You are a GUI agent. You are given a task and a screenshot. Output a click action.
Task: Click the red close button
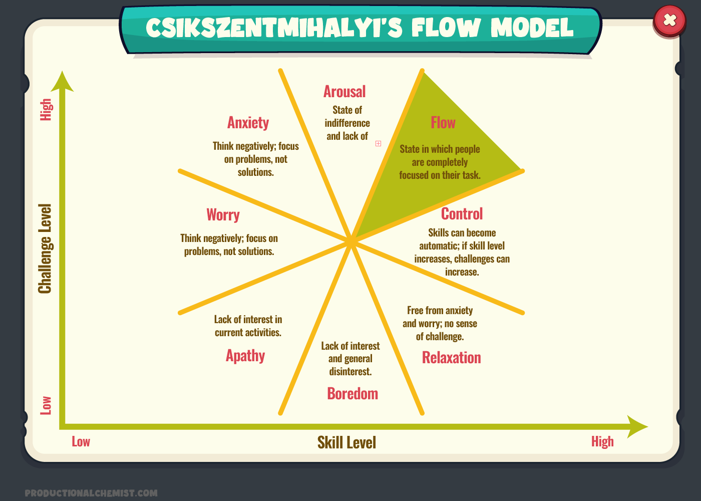tap(669, 21)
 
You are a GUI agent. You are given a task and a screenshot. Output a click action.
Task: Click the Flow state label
tap(443, 123)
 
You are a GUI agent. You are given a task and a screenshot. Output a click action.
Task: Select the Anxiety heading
tap(248, 123)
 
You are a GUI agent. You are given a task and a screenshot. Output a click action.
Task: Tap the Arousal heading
tap(344, 92)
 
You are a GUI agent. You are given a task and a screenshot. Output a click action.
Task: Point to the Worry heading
tap(223, 215)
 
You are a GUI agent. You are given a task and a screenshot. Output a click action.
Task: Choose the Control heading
tap(462, 214)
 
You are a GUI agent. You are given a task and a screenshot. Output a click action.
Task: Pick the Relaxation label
tap(451, 358)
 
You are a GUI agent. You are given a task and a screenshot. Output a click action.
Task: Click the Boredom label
tap(353, 394)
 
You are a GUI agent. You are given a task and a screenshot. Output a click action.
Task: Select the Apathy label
tap(245, 356)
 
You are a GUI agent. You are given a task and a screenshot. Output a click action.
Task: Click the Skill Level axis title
tap(346, 442)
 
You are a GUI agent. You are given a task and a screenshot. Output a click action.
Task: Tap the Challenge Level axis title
tap(45, 248)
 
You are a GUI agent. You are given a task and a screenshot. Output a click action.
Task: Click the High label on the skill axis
tap(602, 441)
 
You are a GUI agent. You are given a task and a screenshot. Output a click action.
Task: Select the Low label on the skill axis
tap(81, 441)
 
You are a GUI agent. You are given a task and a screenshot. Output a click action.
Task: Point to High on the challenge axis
tap(46, 109)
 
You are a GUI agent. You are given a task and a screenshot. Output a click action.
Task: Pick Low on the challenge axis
tap(46, 405)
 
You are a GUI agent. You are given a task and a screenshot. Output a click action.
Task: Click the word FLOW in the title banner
tap(446, 28)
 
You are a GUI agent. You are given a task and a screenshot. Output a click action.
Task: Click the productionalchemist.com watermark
tap(91, 493)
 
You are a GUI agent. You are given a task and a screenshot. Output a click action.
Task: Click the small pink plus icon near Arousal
tap(379, 143)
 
